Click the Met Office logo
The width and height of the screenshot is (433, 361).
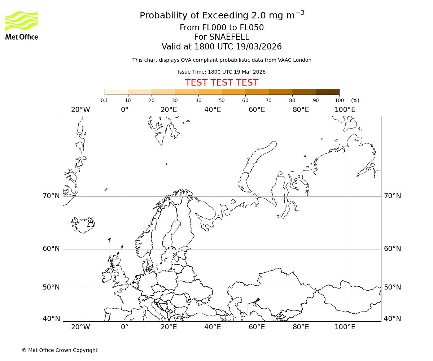(x=22, y=25)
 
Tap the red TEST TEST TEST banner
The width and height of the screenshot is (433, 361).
(x=222, y=83)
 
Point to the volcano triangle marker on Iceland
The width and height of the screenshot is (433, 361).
(x=91, y=224)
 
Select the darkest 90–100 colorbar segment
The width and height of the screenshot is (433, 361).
(x=327, y=92)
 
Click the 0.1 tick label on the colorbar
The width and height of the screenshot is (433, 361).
(x=104, y=100)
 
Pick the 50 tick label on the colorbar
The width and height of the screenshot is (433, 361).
(x=222, y=100)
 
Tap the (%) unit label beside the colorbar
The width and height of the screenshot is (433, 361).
(x=355, y=100)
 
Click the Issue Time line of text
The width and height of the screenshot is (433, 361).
(x=222, y=72)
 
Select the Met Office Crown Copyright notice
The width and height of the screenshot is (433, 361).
(x=60, y=350)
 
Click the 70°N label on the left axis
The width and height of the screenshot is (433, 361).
(x=51, y=196)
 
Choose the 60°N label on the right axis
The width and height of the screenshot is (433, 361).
(x=392, y=249)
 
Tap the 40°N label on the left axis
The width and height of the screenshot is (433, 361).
(x=51, y=319)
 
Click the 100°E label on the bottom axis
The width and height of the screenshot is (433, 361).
(x=345, y=327)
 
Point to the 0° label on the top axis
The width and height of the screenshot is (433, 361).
(x=125, y=110)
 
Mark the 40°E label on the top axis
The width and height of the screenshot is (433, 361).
(x=213, y=110)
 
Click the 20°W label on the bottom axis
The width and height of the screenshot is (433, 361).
(x=80, y=327)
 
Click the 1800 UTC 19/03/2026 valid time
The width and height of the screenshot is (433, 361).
(x=238, y=47)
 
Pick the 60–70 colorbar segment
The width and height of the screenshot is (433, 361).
(x=257, y=92)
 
